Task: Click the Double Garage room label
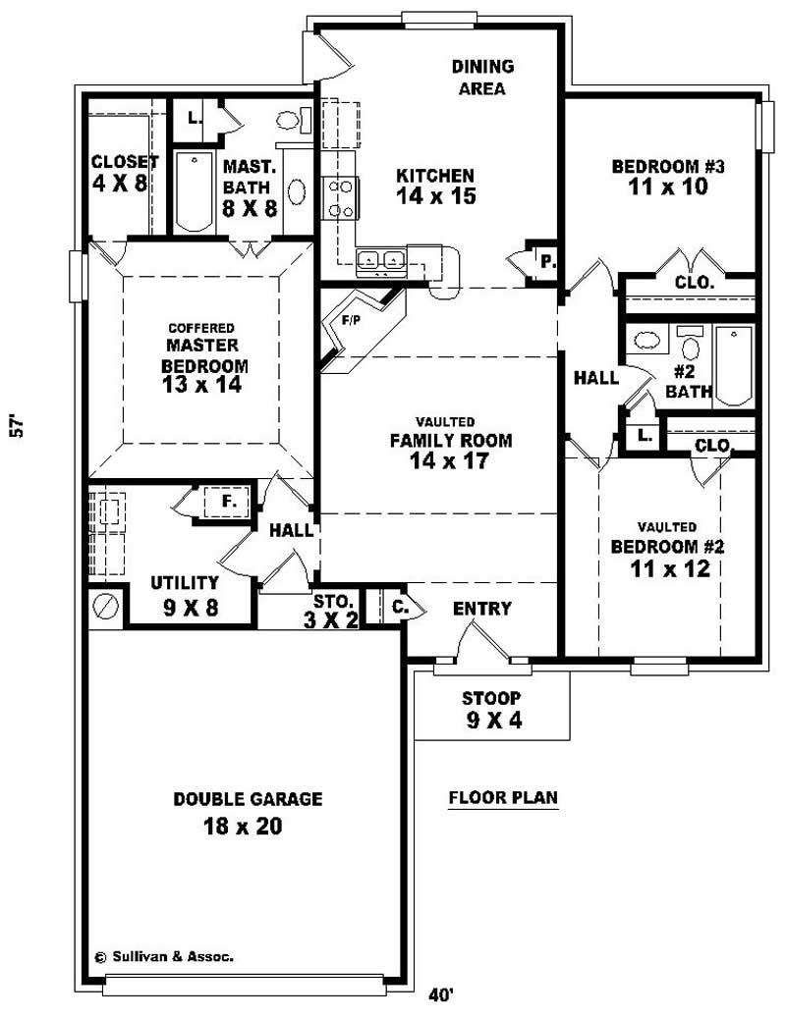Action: click(x=248, y=799)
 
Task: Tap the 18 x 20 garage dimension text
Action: click(x=243, y=827)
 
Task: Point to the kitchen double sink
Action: click(x=381, y=260)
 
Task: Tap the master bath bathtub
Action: click(x=194, y=189)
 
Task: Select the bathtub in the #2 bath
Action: click(x=733, y=365)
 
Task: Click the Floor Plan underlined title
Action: click(x=503, y=797)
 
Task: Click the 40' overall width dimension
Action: click(x=441, y=994)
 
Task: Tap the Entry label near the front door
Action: click(x=481, y=609)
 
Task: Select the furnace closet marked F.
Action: click(x=228, y=502)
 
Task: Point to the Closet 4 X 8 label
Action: click(x=122, y=172)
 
